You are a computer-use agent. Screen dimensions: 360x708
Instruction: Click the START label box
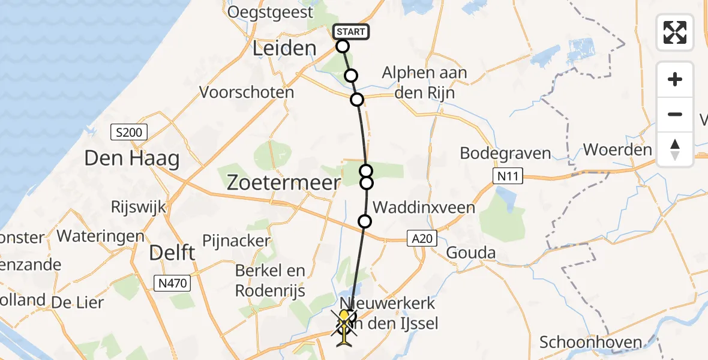coord(351,32)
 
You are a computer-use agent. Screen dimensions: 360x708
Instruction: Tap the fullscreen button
coord(675,32)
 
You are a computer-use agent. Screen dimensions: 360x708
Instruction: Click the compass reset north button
coord(675,149)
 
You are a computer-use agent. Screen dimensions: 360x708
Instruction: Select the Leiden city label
coord(284,48)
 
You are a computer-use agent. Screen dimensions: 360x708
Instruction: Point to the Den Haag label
coord(132,159)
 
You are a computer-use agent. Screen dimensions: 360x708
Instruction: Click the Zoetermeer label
coord(283,182)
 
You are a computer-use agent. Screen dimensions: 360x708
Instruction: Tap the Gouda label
coord(470,253)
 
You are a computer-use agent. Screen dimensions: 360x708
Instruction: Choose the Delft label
coord(173,253)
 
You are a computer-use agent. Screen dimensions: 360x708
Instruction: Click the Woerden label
coord(617,149)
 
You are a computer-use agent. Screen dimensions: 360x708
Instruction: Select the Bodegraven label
coord(505,153)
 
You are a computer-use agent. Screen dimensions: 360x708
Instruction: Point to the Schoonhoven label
coord(591,343)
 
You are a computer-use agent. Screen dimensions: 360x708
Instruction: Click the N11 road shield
coord(507,176)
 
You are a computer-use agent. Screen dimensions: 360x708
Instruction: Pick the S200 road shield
coord(128,132)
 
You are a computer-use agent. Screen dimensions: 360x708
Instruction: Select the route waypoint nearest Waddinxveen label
coord(365,221)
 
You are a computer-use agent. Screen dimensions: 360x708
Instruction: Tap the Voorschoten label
coord(247,92)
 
